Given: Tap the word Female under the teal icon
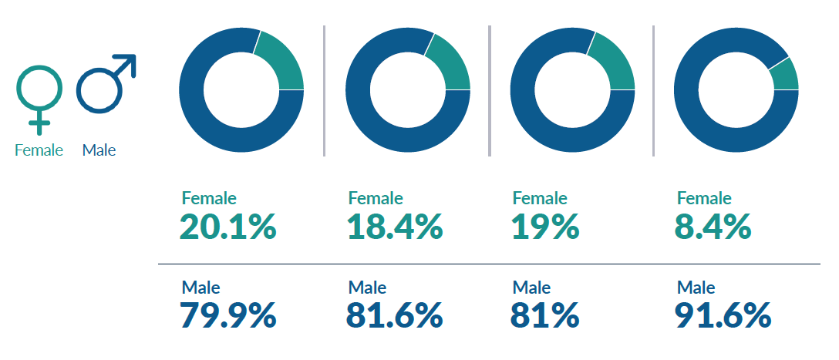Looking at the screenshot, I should pos(39,150).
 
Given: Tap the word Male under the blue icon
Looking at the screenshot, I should pos(99,150).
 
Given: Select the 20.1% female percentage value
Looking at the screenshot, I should pos(227,227).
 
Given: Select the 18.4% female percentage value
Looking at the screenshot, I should pos(394,227).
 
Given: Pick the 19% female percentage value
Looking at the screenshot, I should pos(544,227).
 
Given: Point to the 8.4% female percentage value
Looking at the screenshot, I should pos(714,227).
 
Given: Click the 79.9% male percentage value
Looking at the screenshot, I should pos(227,315).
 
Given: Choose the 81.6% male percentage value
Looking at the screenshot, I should pos(394,315).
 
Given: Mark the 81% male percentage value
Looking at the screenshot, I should pos(544,315).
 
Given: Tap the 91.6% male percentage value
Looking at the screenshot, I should pos(723,315).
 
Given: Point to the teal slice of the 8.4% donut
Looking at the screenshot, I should pos(785,76).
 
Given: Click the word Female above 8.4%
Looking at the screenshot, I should pos(704,198).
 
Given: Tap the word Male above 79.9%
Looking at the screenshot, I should pos(200,288).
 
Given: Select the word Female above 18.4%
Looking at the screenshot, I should pos(376,198).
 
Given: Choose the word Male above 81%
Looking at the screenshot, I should pos(531,288).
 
